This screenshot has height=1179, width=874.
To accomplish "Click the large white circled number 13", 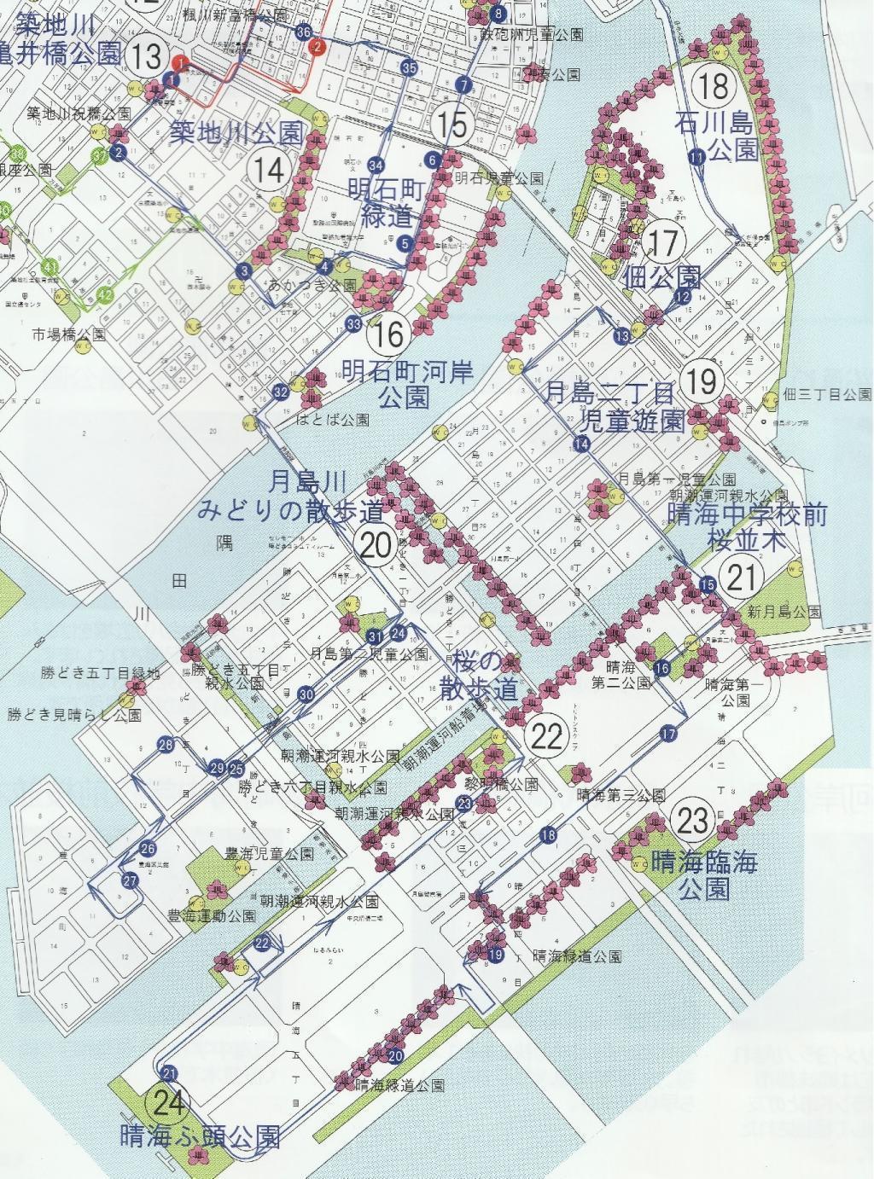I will tap(146, 57).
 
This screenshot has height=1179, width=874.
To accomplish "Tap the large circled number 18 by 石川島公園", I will tap(714, 84).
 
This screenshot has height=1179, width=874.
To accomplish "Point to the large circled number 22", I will tap(545, 736).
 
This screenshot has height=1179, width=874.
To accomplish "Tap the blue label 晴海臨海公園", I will tap(704, 875).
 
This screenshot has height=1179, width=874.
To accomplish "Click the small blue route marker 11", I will tap(697, 156).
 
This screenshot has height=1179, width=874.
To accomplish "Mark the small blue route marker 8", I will tap(498, 14).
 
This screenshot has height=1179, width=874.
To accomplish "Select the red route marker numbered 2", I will tap(318, 46).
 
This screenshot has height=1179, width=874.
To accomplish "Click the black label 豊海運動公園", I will tap(212, 916).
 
